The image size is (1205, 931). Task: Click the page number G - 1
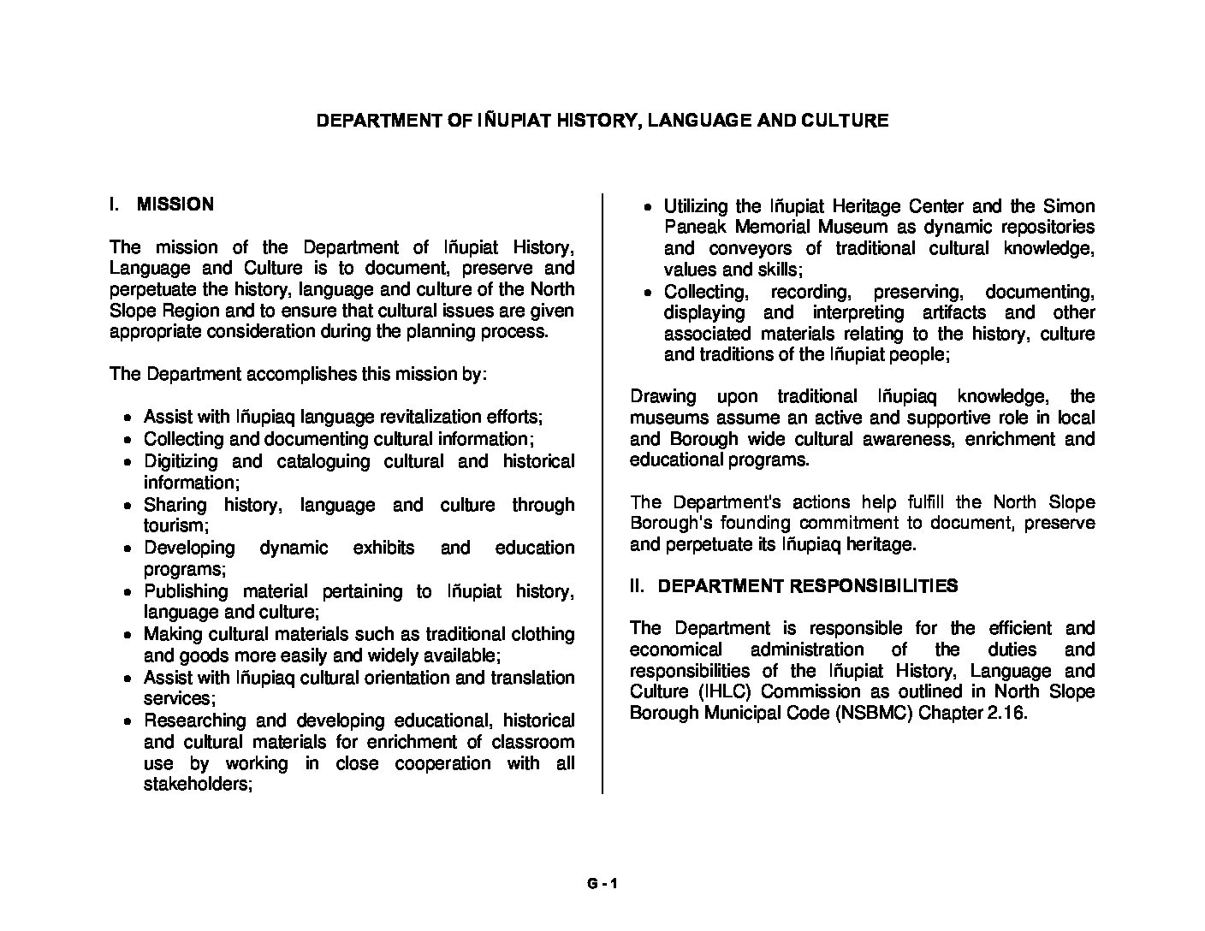click(x=602, y=885)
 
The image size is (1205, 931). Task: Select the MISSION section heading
click(x=175, y=205)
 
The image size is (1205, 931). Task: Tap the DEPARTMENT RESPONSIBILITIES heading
click(x=808, y=586)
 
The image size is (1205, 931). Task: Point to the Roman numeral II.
click(x=636, y=586)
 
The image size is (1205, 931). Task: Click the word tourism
click(x=175, y=526)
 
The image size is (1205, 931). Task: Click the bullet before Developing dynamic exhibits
click(x=128, y=549)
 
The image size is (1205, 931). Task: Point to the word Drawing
click(x=662, y=397)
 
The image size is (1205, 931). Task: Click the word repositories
click(x=1043, y=228)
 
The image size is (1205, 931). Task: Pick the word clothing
click(x=543, y=635)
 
